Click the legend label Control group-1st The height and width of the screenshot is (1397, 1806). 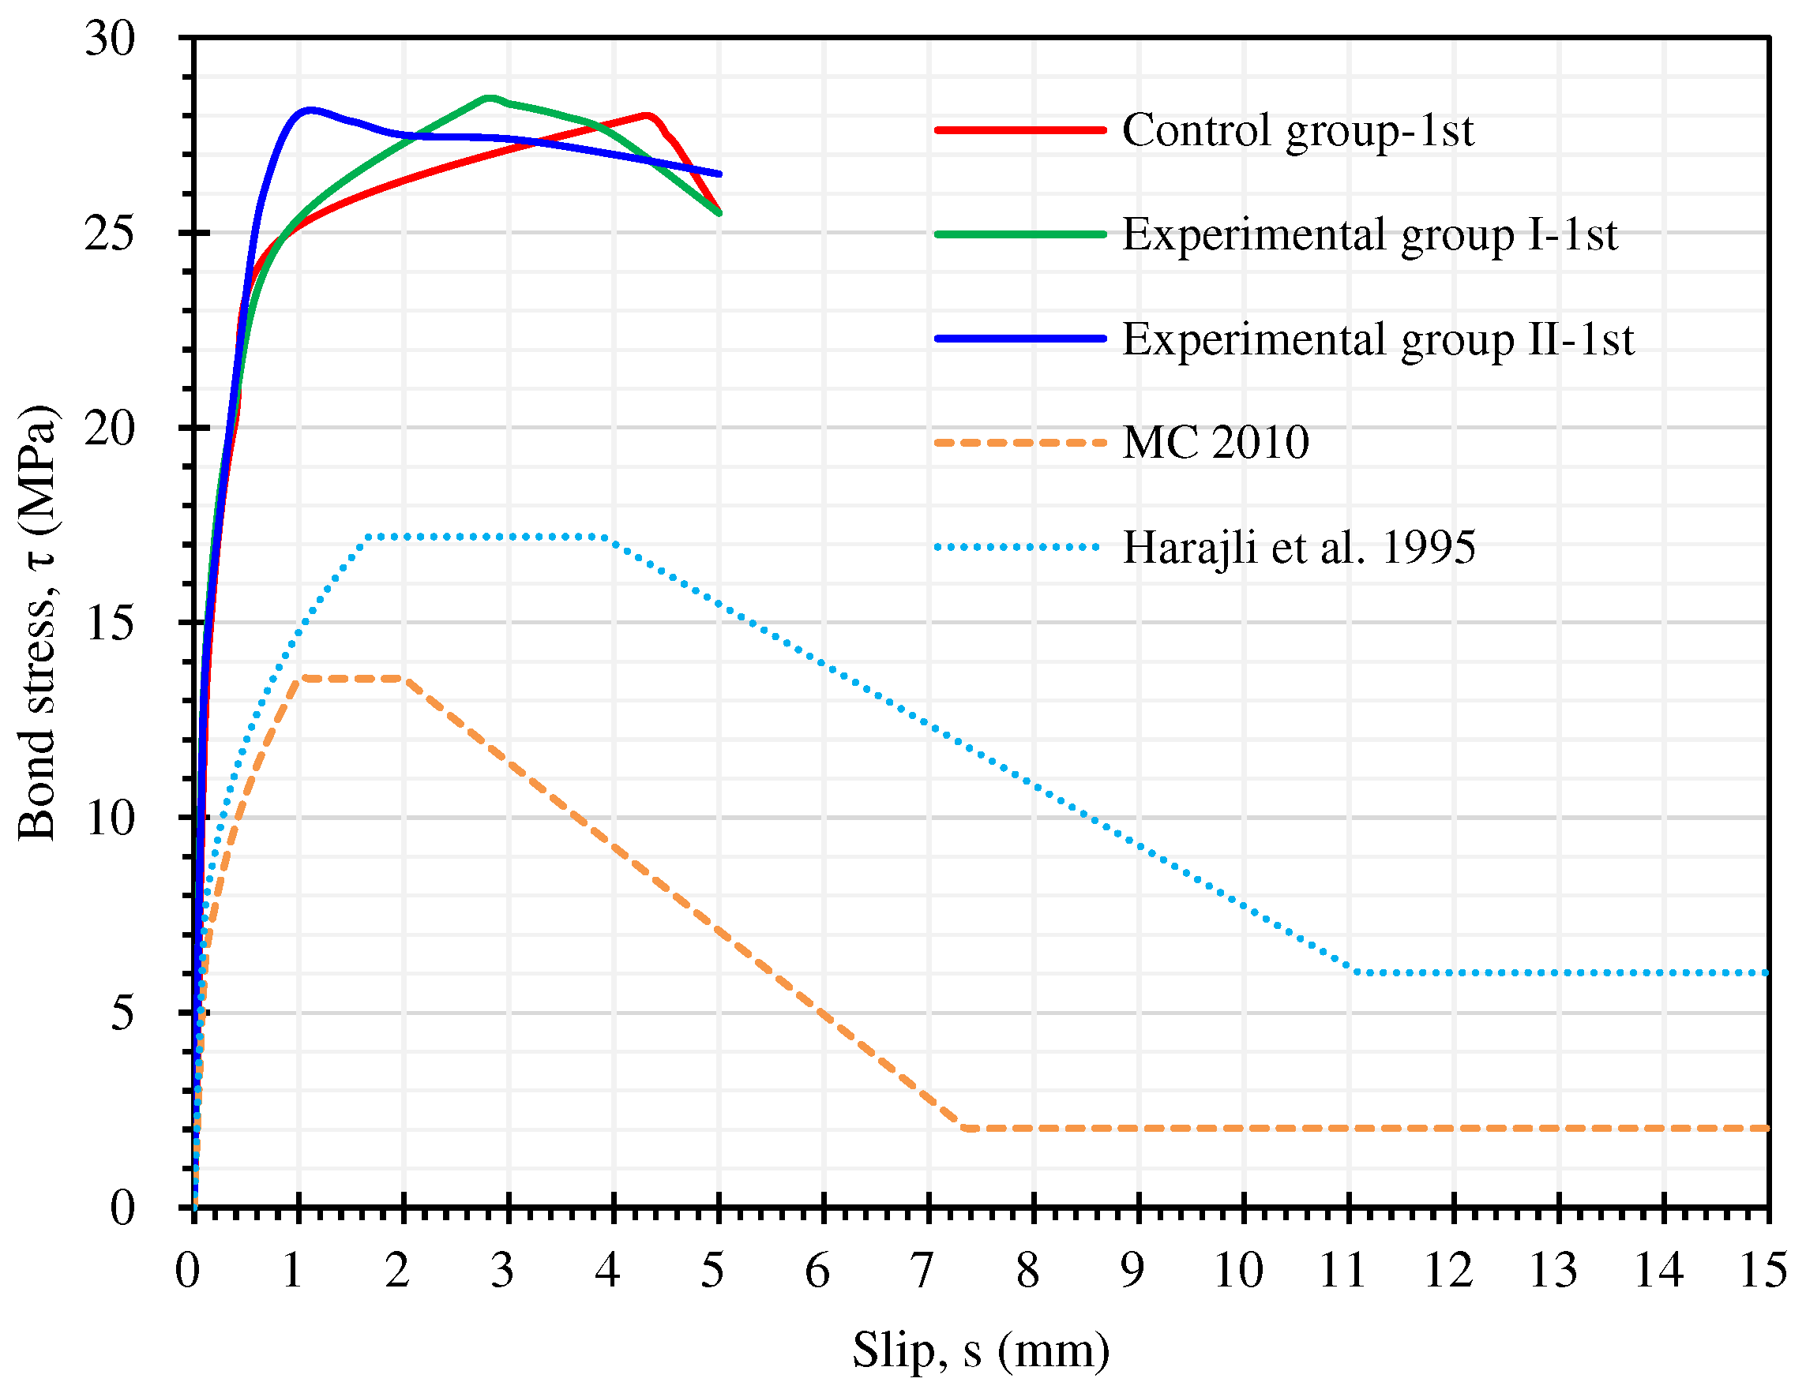1297,130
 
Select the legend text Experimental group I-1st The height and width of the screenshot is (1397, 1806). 1369,234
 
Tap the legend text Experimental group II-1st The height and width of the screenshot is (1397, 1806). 1377,339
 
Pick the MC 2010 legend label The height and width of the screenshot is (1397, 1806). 1215,443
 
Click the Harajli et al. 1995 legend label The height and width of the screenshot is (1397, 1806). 1297,547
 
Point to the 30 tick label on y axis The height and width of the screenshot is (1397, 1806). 109,38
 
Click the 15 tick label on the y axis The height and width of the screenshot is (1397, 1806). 109,623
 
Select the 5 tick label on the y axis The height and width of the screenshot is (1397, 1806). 122,1013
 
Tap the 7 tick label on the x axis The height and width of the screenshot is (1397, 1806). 922,1271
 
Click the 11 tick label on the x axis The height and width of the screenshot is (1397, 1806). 1341,1271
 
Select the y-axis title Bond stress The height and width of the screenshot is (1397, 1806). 37,623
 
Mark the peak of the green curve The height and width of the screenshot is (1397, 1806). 489,98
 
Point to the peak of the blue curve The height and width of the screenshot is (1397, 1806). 310,109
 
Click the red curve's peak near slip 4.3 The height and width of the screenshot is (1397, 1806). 647,115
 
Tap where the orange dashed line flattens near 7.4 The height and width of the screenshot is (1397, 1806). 966,1129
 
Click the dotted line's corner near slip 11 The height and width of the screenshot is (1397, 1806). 1353,972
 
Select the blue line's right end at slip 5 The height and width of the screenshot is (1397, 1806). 719,174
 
